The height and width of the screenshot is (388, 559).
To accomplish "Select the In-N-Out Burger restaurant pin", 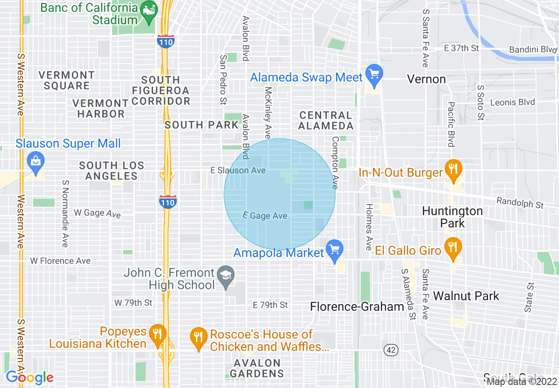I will click(453, 170).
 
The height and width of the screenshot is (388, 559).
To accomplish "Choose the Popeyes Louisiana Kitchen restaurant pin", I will click(157, 335).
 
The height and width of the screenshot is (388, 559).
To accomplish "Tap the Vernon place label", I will click(426, 79).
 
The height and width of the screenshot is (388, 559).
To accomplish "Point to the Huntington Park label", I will click(452, 217).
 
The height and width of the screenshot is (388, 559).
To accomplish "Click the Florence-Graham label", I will click(357, 307).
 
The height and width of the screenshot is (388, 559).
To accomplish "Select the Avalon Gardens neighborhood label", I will click(257, 368).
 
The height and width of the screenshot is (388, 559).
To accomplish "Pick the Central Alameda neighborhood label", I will click(326, 120).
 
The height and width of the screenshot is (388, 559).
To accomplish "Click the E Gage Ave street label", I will click(265, 216).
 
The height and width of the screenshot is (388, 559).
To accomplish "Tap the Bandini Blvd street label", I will click(533, 50).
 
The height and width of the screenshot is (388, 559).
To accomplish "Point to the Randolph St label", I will click(520, 203).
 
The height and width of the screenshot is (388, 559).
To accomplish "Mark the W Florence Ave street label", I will click(60, 261).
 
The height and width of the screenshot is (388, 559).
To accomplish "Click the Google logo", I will click(30, 377).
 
